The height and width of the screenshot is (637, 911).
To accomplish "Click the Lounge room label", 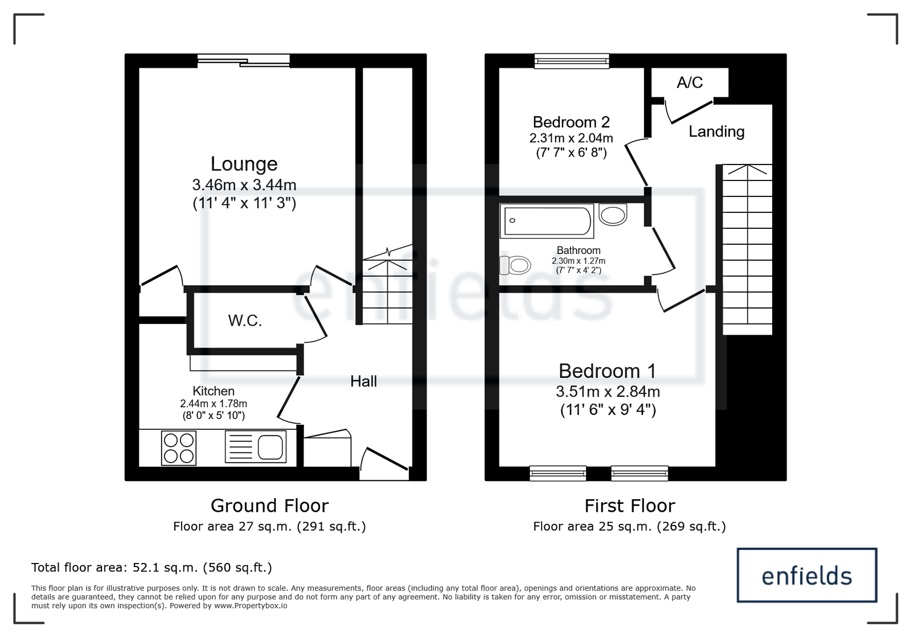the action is point(244,164).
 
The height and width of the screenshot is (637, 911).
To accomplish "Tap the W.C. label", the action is point(245,320).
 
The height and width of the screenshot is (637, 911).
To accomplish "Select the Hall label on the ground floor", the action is point(364,381).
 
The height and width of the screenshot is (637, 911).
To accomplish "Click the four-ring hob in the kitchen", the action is point(179,448).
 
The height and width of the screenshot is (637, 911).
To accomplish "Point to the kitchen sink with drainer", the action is point(256,446).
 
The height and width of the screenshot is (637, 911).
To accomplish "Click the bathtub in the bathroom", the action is point(547,221).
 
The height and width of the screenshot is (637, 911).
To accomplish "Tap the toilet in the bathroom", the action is point(515,265).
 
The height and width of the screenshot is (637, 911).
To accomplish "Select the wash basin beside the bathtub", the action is point(613,215).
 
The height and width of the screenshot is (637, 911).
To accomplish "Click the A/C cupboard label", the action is point(690,83).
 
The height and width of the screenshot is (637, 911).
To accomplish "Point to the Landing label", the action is point(717,131).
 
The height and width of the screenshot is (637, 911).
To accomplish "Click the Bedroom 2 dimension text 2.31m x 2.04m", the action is point(571,138).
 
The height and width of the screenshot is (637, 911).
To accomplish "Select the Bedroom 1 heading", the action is point(607,371).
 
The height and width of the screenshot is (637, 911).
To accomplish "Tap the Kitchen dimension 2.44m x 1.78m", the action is point(214,404).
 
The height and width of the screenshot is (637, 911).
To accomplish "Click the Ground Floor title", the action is point(269,506).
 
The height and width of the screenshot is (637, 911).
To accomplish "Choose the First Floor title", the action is point(630,506).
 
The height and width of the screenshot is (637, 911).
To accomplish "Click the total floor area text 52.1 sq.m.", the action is point(151,568).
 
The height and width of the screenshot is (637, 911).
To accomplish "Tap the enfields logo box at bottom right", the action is point(807,575).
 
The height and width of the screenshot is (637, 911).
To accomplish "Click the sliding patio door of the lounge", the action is point(244,61).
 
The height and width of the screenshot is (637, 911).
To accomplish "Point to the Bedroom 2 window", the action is point(572,61).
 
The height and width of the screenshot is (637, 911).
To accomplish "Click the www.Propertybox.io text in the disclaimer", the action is point(251,606).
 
